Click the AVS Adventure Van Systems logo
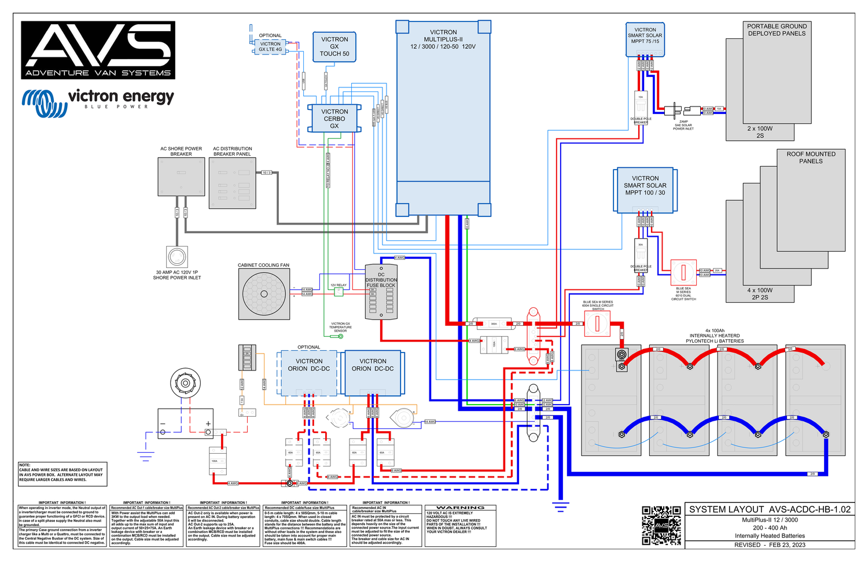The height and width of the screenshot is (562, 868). [x=98, y=50]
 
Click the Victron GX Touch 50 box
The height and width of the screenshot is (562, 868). [x=334, y=47]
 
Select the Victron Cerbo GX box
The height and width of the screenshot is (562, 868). [x=334, y=119]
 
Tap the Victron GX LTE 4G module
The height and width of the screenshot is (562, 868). [x=270, y=47]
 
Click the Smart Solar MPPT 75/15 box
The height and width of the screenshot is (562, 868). [x=645, y=39]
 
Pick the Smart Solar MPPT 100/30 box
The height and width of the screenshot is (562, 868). [x=645, y=190]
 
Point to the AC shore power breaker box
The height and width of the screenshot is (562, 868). [x=181, y=177]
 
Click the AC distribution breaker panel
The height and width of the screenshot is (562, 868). [x=232, y=183]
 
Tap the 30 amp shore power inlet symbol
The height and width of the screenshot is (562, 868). [x=177, y=256]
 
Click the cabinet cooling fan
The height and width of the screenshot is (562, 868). [x=264, y=294]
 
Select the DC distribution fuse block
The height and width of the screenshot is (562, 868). [x=381, y=292]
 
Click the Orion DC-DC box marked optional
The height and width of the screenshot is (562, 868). [x=309, y=373]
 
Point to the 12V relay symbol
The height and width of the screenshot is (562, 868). [x=339, y=292]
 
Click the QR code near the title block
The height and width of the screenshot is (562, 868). [x=661, y=526]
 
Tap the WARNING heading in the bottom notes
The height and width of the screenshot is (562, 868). [x=460, y=508]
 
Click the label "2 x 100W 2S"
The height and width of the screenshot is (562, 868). [x=760, y=132]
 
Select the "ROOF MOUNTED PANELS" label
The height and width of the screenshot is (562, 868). [x=811, y=157]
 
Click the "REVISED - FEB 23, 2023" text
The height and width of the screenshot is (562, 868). [x=770, y=545]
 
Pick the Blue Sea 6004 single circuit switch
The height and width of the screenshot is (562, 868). [x=598, y=324]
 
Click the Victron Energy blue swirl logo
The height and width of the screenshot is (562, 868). [x=38, y=102]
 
